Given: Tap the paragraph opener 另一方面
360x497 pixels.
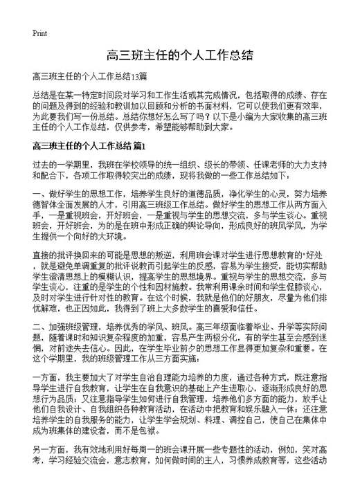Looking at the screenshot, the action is [48, 478].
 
